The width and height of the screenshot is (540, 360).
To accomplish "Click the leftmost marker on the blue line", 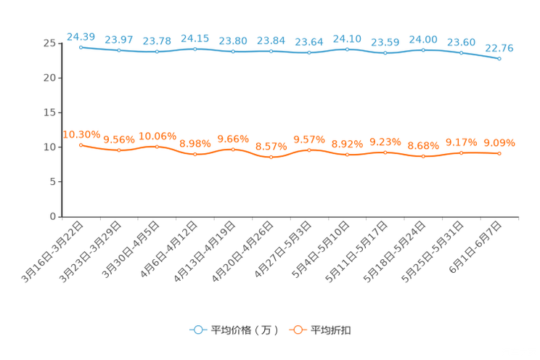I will click(x=81, y=46).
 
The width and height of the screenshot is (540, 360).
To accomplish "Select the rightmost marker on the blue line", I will click(x=499, y=58).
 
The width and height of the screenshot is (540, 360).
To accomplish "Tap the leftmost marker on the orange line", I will click(x=81, y=144).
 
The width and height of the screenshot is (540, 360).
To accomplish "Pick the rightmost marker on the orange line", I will click(x=499, y=154).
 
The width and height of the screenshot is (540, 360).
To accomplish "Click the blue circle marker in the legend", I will click(x=197, y=330).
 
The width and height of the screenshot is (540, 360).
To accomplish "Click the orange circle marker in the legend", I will click(x=297, y=330).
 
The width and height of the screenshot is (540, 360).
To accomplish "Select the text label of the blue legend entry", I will click(x=244, y=330).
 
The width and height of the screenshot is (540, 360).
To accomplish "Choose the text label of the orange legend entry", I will click(x=332, y=330).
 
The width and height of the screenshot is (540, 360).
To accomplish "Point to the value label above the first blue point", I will click(x=81, y=36).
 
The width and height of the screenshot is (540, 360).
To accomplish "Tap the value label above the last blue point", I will click(x=499, y=47).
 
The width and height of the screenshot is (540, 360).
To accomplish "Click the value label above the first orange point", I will click(x=81, y=134).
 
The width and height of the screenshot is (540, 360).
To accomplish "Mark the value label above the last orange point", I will click(x=499, y=142).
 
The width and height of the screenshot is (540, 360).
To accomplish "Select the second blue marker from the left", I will click(x=119, y=50).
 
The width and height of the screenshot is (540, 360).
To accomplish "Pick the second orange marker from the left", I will click(x=119, y=150).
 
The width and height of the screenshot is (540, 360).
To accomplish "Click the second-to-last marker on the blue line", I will click(x=461, y=52).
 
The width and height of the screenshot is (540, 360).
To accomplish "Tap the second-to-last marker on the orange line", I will click(x=461, y=152).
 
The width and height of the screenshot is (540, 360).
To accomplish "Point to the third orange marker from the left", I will click(x=157, y=147).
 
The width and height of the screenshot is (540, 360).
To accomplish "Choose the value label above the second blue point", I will click(x=119, y=39).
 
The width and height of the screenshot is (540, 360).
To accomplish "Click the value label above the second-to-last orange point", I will click(x=461, y=142).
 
